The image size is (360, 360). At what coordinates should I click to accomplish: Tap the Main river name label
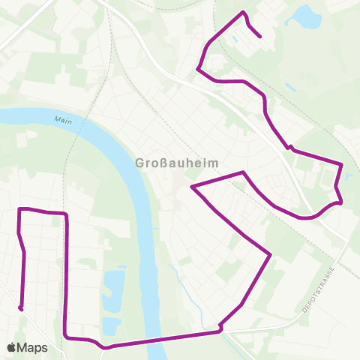tap(62, 120)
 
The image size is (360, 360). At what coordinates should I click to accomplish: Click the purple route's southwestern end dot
tap(21, 308)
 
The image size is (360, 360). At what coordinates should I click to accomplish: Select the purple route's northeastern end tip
tap(259, 35)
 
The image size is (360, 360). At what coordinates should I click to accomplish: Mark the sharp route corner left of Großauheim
tap(193, 185)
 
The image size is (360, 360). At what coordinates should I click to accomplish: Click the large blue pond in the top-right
tap(305, 15)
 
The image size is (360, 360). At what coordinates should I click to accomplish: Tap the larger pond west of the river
tap(113, 285)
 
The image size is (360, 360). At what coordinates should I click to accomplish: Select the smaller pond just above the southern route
tap(111, 325)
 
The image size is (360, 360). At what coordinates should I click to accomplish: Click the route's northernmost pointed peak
tap(243, 12)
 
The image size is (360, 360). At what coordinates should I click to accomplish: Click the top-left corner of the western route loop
tap(19, 208)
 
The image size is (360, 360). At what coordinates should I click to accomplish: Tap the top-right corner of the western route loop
tap(66, 214)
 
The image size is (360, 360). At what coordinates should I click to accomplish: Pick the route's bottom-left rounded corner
tap(67, 337)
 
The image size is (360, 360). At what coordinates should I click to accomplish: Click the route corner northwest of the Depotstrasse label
tap(269, 255)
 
